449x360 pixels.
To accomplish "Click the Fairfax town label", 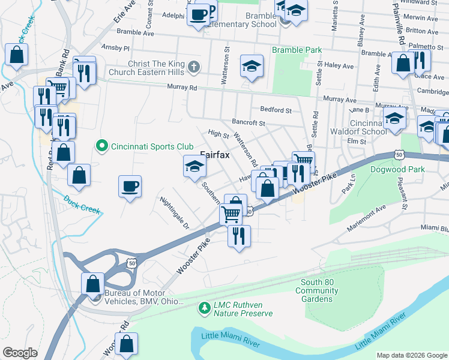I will click(215, 154).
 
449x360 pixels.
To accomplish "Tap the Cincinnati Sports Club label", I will click(151, 146).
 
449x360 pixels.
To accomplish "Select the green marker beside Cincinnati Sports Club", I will click(101, 146).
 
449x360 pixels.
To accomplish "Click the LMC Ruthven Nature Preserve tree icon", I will click(205, 308).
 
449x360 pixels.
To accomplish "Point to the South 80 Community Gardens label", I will click(316, 290).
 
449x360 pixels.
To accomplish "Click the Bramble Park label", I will click(297, 50).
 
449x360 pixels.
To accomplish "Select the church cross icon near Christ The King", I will click(193, 67).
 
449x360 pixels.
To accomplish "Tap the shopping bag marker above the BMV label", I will click(92, 283).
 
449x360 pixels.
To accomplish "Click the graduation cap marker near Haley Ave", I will click(252, 66).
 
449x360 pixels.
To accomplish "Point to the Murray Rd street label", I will click(185, 88).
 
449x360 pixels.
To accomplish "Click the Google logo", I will click(20, 353).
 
